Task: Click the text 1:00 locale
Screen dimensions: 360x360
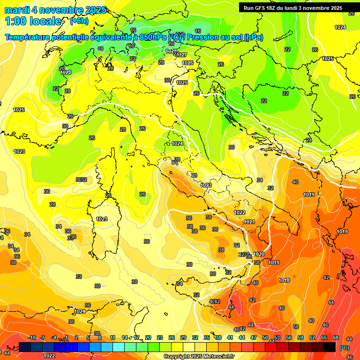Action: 33,21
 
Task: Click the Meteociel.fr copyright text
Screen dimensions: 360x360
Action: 199,356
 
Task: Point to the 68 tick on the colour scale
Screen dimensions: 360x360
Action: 336,337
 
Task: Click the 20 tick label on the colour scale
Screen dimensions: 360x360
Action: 148,337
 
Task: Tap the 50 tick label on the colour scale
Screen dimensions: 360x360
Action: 265,337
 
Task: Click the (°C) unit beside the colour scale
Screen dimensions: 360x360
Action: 344,348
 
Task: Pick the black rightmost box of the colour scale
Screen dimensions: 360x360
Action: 330,347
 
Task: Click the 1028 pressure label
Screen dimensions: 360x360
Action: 66,72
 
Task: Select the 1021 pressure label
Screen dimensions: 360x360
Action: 249,222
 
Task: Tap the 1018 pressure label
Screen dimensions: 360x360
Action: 284,280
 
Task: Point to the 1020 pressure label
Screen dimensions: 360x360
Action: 259,254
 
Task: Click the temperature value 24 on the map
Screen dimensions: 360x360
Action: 308,140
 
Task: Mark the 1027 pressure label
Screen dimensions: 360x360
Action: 182,55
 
